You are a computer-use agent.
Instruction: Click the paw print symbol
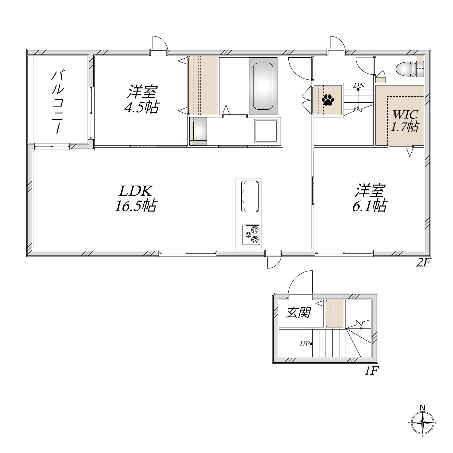pyautogui.click(x=328, y=99)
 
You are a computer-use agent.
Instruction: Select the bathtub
pyautogui.click(x=263, y=86)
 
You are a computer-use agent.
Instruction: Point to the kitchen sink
pyautogui.click(x=250, y=196)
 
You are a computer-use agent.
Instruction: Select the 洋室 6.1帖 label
pyautogui.click(x=370, y=198)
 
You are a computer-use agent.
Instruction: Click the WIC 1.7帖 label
pyautogui.click(x=405, y=121)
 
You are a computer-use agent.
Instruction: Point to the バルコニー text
pyautogui.click(x=58, y=102)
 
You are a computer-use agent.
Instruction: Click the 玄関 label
pyautogui.click(x=298, y=312)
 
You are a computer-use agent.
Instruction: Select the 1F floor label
pyautogui.click(x=371, y=371)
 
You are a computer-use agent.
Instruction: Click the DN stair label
pyautogui.click(x=359, y=85)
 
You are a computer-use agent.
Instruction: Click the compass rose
pyautogui.click(x=422, y=423)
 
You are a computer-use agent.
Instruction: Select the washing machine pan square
pyautogui.click(x=266, y=131)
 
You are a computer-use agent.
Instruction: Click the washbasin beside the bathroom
pyautogui.click(x=199, y=131)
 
